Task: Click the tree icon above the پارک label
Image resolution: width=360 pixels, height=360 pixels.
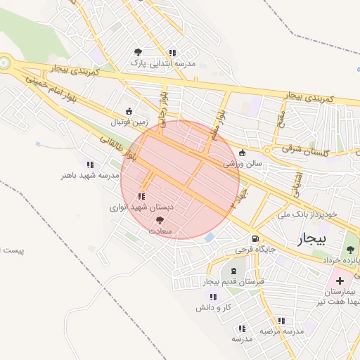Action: pyautogui.click(x=138, y=52)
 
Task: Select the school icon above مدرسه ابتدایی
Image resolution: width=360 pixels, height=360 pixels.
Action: pyautogui.click(x=172, y=52)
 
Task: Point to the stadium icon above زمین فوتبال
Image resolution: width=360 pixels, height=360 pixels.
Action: pyautogui.click(x=129, y=111)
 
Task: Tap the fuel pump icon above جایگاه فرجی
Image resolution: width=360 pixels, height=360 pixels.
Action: pyautogui.click(x=254, y=238)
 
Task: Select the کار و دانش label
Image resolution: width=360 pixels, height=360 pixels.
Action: pyautogui.click(x=214, y=307)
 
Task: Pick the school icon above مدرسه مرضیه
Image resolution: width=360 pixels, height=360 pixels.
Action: pyautogui.click(x=281, y=320)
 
